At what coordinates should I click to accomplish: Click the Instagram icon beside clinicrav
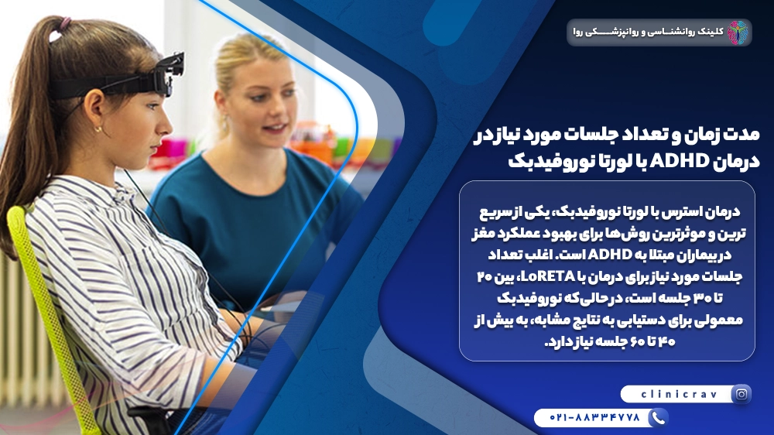[x=741, y=394]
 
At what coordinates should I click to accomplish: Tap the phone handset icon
[x=657, y=418]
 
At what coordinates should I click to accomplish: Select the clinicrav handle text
[x=674, y=394]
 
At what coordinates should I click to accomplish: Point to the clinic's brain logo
[x=737, y=33]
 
